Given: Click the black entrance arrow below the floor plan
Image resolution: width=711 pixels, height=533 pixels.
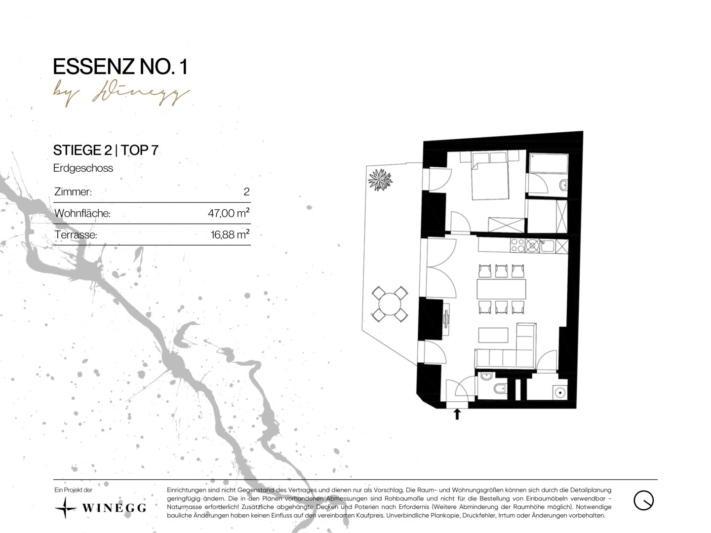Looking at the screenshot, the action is pos(457,414).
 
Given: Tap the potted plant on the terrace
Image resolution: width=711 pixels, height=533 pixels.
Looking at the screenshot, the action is pos(380,180).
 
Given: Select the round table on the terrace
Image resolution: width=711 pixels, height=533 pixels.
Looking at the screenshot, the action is pos(390,304).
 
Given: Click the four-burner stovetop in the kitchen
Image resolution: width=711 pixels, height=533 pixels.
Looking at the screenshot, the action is pos(517,245).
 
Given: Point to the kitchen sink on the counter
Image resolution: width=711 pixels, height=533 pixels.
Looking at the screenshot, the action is pos(547,246).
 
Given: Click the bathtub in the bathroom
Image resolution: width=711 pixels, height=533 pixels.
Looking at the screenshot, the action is pos(549,163).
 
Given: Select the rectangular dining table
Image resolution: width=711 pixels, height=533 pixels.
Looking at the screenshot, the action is pos(501,289).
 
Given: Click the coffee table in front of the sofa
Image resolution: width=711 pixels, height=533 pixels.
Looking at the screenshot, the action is pos(493,335).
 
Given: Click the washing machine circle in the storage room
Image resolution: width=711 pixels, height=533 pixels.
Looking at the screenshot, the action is pos(560,393).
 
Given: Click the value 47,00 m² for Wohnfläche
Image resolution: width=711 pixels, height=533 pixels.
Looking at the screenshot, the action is pos(229,213).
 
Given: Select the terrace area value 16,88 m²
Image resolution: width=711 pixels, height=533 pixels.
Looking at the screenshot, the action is pos(230,234).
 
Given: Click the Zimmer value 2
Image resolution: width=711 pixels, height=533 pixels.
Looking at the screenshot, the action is pos(246,191).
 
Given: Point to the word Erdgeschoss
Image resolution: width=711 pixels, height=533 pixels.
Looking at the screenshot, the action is pos(83,168).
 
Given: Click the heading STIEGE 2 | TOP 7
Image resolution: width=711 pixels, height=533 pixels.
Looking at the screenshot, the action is pos(106,150).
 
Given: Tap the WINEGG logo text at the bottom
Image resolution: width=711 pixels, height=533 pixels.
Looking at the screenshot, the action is pos(114,508).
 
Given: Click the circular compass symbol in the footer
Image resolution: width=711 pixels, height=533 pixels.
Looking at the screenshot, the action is pos(644,500).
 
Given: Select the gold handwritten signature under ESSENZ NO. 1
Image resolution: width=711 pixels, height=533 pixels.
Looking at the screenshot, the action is pos(121,94).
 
